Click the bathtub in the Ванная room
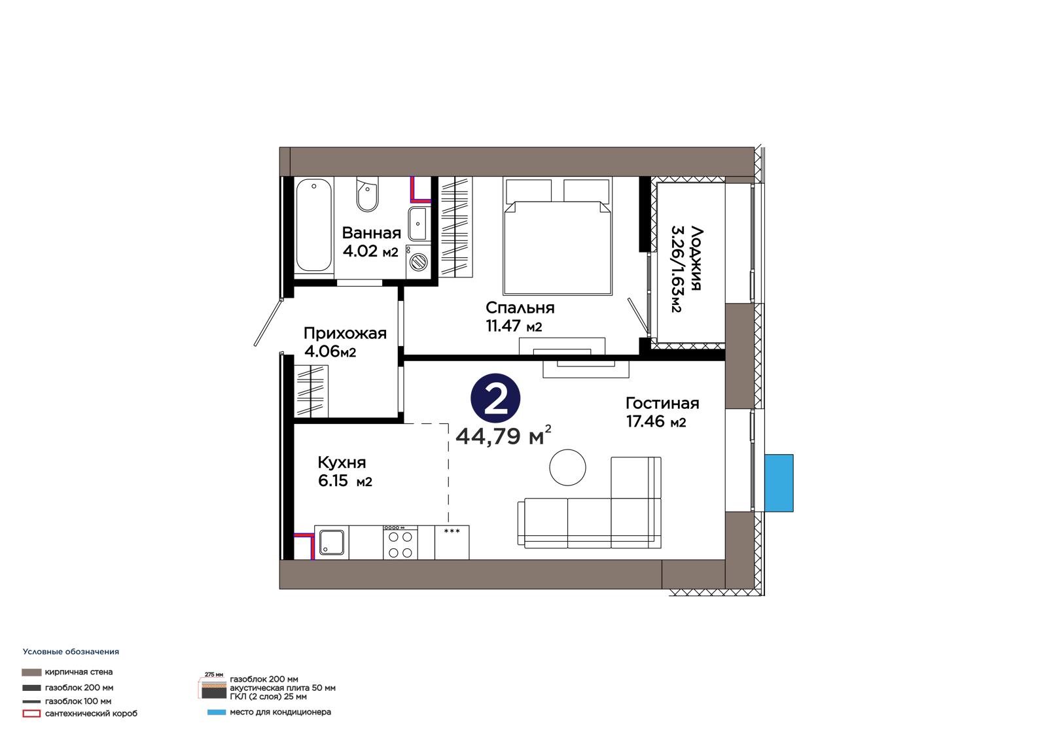pos(314,225)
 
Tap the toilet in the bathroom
pos(367,194)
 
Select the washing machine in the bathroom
pos(418,262)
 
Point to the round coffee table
pos(567,467)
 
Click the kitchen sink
pos(331,542)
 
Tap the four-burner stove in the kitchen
pos(400,542)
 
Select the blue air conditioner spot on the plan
pos(779,483)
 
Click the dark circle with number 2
pos(495,398)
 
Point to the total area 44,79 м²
pos(503,436)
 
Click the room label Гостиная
pos(662,403)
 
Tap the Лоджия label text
pos(696,258)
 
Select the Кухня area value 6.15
pos(333,480)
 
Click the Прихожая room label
pos(345,333)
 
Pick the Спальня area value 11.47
pos(503,325)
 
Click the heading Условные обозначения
pos(71,652)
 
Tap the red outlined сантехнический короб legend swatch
pos(31,714)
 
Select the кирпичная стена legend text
pos(79,672)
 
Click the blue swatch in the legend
pos(216,713)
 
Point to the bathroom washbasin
pos(417,224)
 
